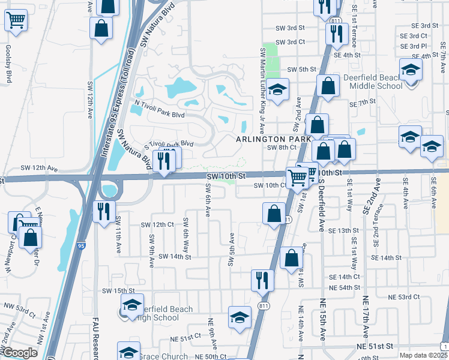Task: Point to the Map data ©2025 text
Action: tap(423, 355)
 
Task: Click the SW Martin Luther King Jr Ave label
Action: tap(262, 90)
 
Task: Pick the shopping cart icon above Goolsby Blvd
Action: tap(16, 20)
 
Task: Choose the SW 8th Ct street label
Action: tap(282, 148)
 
